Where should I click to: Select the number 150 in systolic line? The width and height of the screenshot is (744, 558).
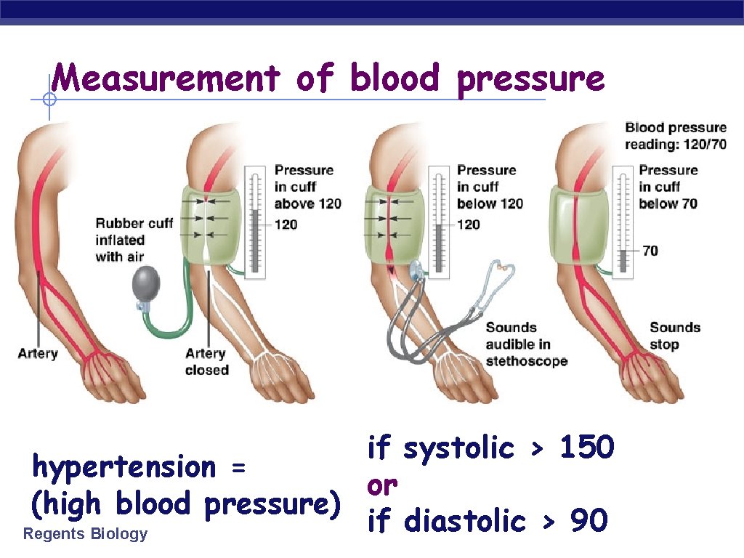(587, 448)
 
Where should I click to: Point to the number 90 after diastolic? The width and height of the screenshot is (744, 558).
(589, 520)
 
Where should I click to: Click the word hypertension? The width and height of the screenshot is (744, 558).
(124, 466)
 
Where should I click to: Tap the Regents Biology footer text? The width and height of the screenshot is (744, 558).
(85, 534)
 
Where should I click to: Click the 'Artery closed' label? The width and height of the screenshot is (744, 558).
(206, 361)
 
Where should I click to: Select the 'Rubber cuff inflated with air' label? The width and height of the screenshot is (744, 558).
(134, 240)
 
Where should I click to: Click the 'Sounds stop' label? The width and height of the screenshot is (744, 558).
(675, 336)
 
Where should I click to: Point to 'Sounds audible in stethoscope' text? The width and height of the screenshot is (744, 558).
(526, 344)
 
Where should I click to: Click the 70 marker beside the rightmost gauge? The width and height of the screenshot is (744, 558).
(650, 251)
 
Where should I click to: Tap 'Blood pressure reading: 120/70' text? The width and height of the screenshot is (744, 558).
(676, 136)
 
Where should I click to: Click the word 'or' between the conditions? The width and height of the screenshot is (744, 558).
(382, 484)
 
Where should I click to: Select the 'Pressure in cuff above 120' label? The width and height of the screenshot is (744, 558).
(307, 187)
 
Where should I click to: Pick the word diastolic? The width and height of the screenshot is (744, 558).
(464, 520)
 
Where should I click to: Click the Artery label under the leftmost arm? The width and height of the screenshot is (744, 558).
(38, 353)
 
